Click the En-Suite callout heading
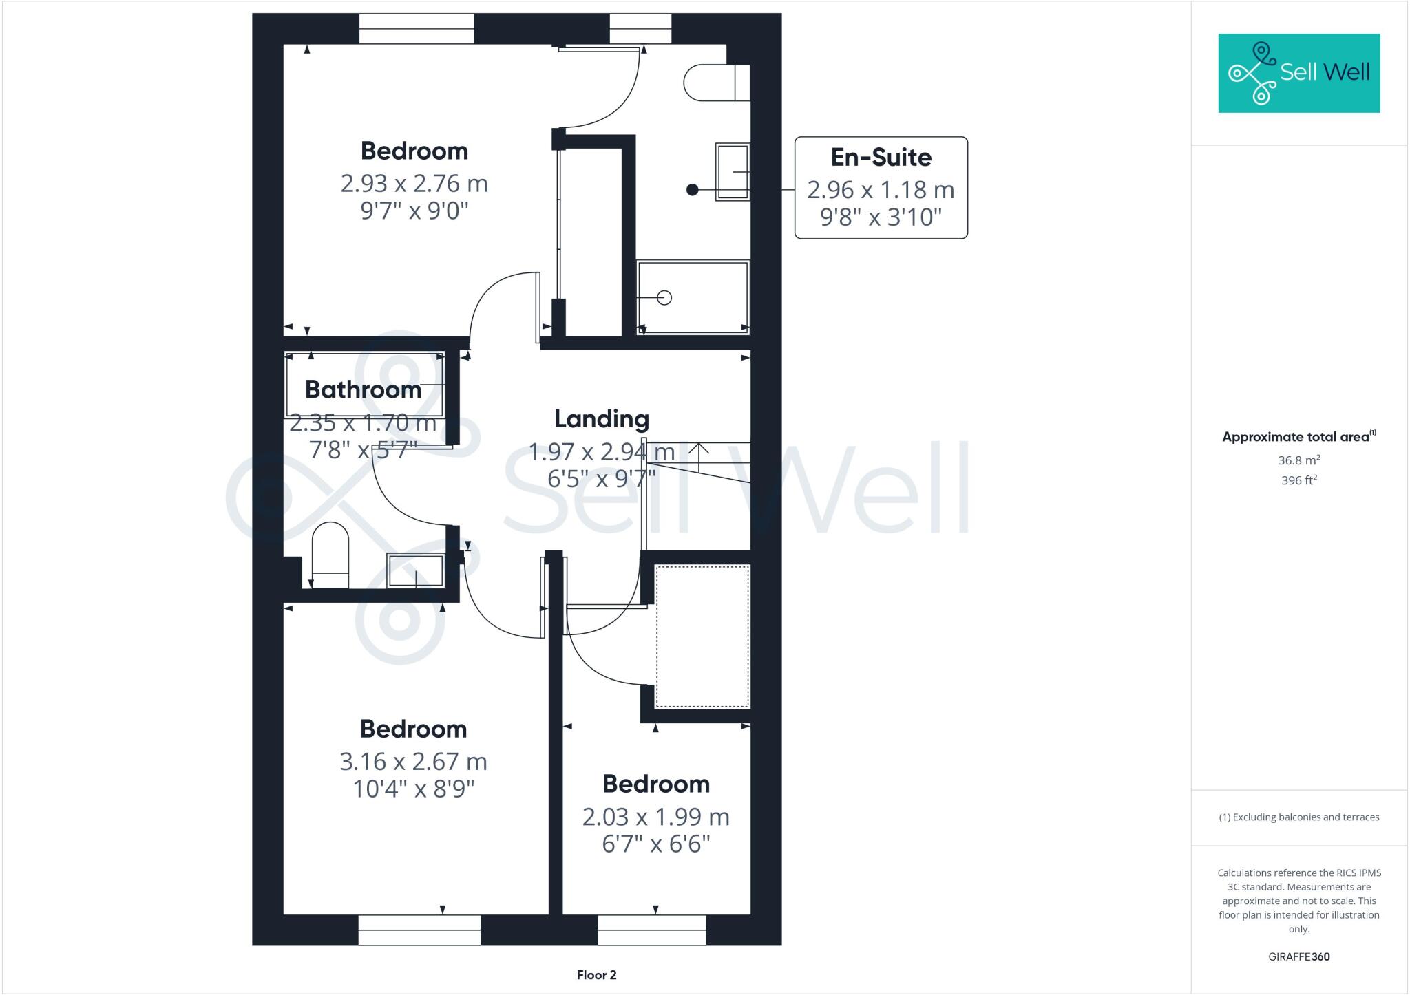(x=881, y=158)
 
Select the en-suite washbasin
(x=733, y=172)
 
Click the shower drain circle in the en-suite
(x=664, y=298)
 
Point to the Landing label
(x=601, y=419)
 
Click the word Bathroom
(x=363, y=389)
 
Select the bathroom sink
(x=415, y=570)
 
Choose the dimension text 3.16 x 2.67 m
(x=413, y=762)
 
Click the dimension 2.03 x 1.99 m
(x=655, y=817)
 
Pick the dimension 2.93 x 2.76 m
(x=414, y=184)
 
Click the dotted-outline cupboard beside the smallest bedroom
(x=702, y=636)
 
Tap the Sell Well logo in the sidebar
(x=1298, y=73)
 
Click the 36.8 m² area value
(x=1298, y=460)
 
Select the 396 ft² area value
(x=1298, y=480)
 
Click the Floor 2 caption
(x=596, y=975)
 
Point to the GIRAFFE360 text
(x=1298, y=956)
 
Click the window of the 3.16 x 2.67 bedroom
(x=419, y=930)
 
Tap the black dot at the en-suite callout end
(x=693, y=190)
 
